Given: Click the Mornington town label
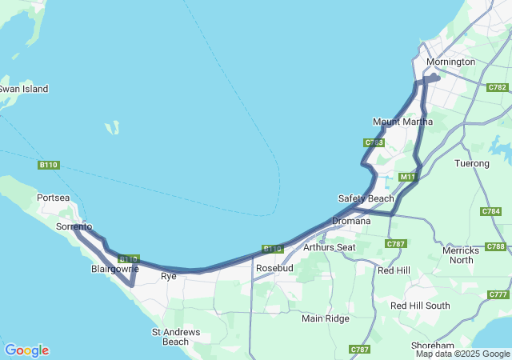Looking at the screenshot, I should (x=450, y=62).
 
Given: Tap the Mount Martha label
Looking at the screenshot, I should (x=402, y=122).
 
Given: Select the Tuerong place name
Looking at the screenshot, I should (x=471, y=163).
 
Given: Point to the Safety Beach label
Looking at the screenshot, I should (x=366, y=198).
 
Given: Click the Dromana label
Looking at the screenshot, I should (x=350, y=221).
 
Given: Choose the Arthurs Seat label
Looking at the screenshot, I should (x=329, y=247).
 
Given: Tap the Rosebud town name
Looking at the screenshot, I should (x=274, y=267).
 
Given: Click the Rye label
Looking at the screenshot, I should (x=169, y=276).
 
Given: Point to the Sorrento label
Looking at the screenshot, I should (x=74, y=227).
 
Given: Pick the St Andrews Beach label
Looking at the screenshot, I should (x=170, y=336).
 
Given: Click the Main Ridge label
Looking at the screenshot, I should (x=326, y=318).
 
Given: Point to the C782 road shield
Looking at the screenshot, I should (x=497, y=87).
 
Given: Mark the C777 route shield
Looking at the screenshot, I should (x=498, y=294).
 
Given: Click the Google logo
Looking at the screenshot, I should (x=26, y=350).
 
